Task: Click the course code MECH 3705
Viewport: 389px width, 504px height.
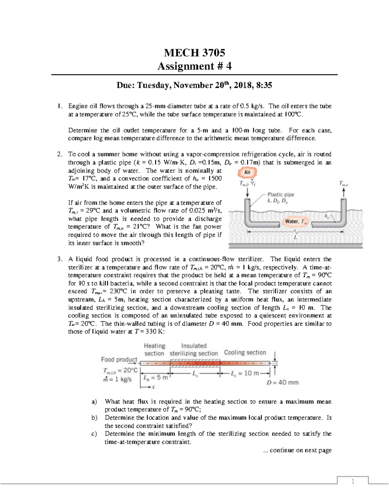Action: click(x=194, y=52)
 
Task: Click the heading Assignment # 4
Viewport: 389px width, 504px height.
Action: click(x=194, y=66)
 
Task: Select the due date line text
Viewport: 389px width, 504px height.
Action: click(x=194, y=85)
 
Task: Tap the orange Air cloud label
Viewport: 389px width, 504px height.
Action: click(x=247, y=172)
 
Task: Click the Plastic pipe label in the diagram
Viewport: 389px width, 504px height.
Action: click(x=280, y=195)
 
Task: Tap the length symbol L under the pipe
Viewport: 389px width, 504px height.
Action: click(x=295, y=238)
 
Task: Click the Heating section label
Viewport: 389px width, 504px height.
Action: click(x=154, y=350)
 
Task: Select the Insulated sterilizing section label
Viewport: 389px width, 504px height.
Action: click(x=194, y=350)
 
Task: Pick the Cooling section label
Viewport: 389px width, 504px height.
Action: click(x=245, y=352)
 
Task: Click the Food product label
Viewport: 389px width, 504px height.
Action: click(x=119, y=360)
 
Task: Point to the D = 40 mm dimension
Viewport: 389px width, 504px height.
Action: click(x=282, y=383)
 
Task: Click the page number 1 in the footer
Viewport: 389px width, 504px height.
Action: click(x=353, y=482)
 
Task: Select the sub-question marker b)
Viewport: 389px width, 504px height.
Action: click(x=94, y=418)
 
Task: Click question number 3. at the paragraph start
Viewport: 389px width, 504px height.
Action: click(x=59, y=259)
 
